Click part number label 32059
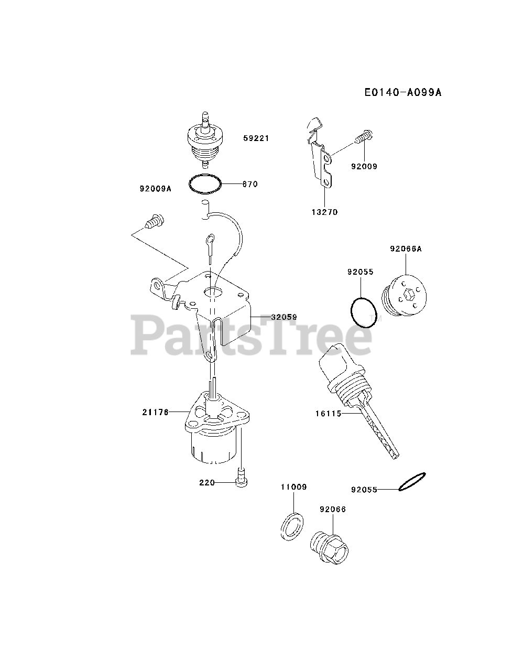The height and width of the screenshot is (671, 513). coord(284,317)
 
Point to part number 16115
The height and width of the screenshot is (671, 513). coord(329,414)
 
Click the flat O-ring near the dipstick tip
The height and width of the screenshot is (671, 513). coord(412,481)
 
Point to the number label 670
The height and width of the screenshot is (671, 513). coord(250,184)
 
